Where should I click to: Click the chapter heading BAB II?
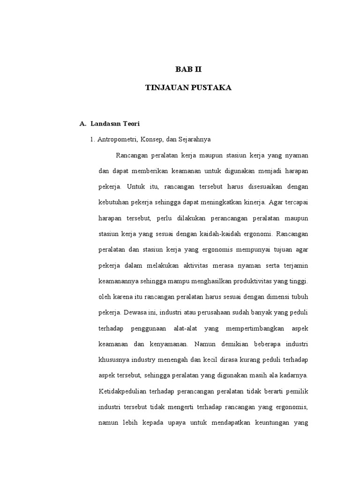click(188, 70)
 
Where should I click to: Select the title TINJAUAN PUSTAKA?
click(188, 88)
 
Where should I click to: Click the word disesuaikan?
click(257, 187)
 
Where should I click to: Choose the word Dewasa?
click(135, 313)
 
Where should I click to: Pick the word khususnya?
click(113, 360)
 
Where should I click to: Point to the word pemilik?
click(295, 391)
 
